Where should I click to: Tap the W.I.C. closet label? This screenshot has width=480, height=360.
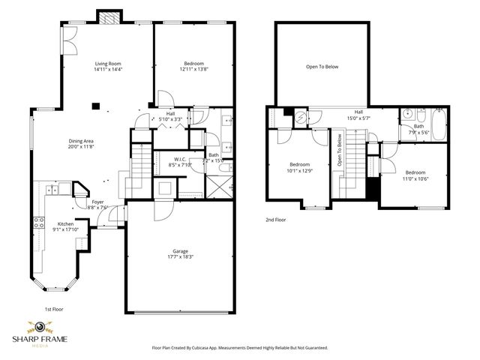click(179, 159)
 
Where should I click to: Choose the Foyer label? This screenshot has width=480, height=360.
click(98, 202)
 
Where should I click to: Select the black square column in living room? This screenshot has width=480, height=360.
click(95, 106)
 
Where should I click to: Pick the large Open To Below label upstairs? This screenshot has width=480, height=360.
click(322, 67)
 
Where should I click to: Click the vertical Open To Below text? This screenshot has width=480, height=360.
click(340, 149)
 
